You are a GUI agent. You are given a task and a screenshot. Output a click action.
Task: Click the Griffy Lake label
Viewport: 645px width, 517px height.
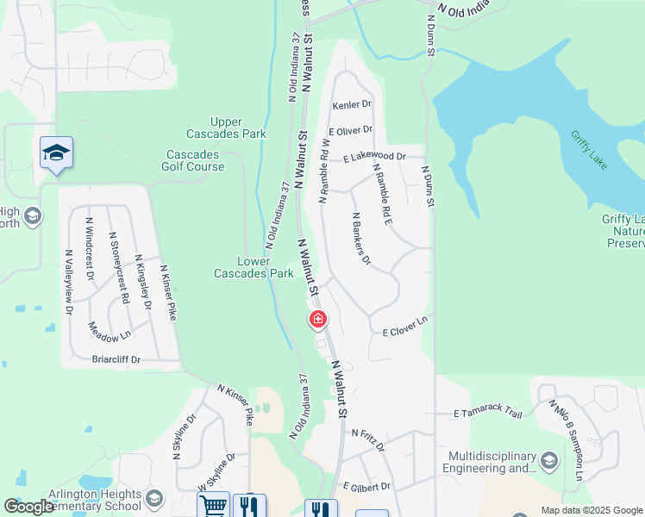pyautogui.click(x=590, y=148)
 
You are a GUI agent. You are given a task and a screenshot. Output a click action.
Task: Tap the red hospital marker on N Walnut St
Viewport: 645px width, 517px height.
pyautogui.click(x=318, y=321)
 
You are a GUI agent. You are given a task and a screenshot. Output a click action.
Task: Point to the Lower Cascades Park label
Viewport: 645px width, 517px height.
pyautogui.click(x=254, y=267)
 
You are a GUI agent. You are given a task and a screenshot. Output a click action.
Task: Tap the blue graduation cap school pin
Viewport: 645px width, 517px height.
pyautogui.click(x=56, y=153)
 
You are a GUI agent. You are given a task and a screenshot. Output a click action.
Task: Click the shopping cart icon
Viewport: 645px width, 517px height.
pyautogui.click(x=214, y=506)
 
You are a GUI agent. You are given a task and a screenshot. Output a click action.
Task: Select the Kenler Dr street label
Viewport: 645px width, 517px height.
pyautogui.click(x=352, y=104)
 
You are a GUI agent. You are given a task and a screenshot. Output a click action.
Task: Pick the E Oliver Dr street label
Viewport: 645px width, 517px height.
pyautogui.click(x=350, y=130)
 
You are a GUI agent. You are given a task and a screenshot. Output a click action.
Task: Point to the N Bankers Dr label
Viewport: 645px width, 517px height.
pyautogui.click(x=360, y=239)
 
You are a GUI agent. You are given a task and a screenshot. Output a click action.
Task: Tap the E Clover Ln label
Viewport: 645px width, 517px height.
pyautogui.click(x=405, y=327)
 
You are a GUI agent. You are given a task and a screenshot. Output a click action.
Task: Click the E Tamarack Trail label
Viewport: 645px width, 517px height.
pyautogui.click(x=488, y=414)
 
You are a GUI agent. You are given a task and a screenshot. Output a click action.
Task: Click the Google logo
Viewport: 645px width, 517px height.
pyautogui.click(x=28, y=508)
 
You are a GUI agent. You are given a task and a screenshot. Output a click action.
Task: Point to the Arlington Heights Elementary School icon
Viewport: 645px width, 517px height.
pyautogui.click(x=153, y=499)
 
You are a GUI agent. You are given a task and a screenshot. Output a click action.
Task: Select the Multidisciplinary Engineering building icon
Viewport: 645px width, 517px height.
pyautogui.click(x=549, y=463)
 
